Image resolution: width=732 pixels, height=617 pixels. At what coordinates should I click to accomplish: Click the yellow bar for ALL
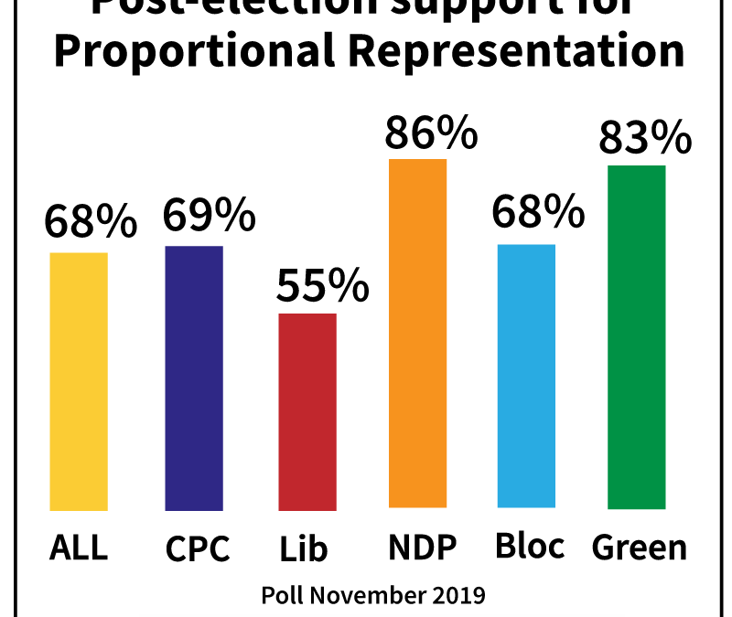[79, 381]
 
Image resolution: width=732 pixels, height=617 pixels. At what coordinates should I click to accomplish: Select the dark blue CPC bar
[194, 378]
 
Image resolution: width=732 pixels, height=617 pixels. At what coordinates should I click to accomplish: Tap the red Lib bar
[307, 411]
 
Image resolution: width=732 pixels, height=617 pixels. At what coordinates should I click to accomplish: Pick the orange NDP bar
[418, 333]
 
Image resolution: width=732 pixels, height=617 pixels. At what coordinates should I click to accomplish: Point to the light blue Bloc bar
[526, 376]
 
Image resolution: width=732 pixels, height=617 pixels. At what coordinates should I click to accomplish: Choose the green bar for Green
[636, 336]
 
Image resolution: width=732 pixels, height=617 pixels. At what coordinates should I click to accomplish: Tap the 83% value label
[644, 139]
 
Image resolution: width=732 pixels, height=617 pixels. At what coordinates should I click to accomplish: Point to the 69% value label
[209, 216]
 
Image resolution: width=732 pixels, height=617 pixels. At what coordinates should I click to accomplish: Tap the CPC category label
[198, 549]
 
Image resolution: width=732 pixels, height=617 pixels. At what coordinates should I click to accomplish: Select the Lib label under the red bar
[305, 549]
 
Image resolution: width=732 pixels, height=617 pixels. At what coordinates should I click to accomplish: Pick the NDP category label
[423, 548]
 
